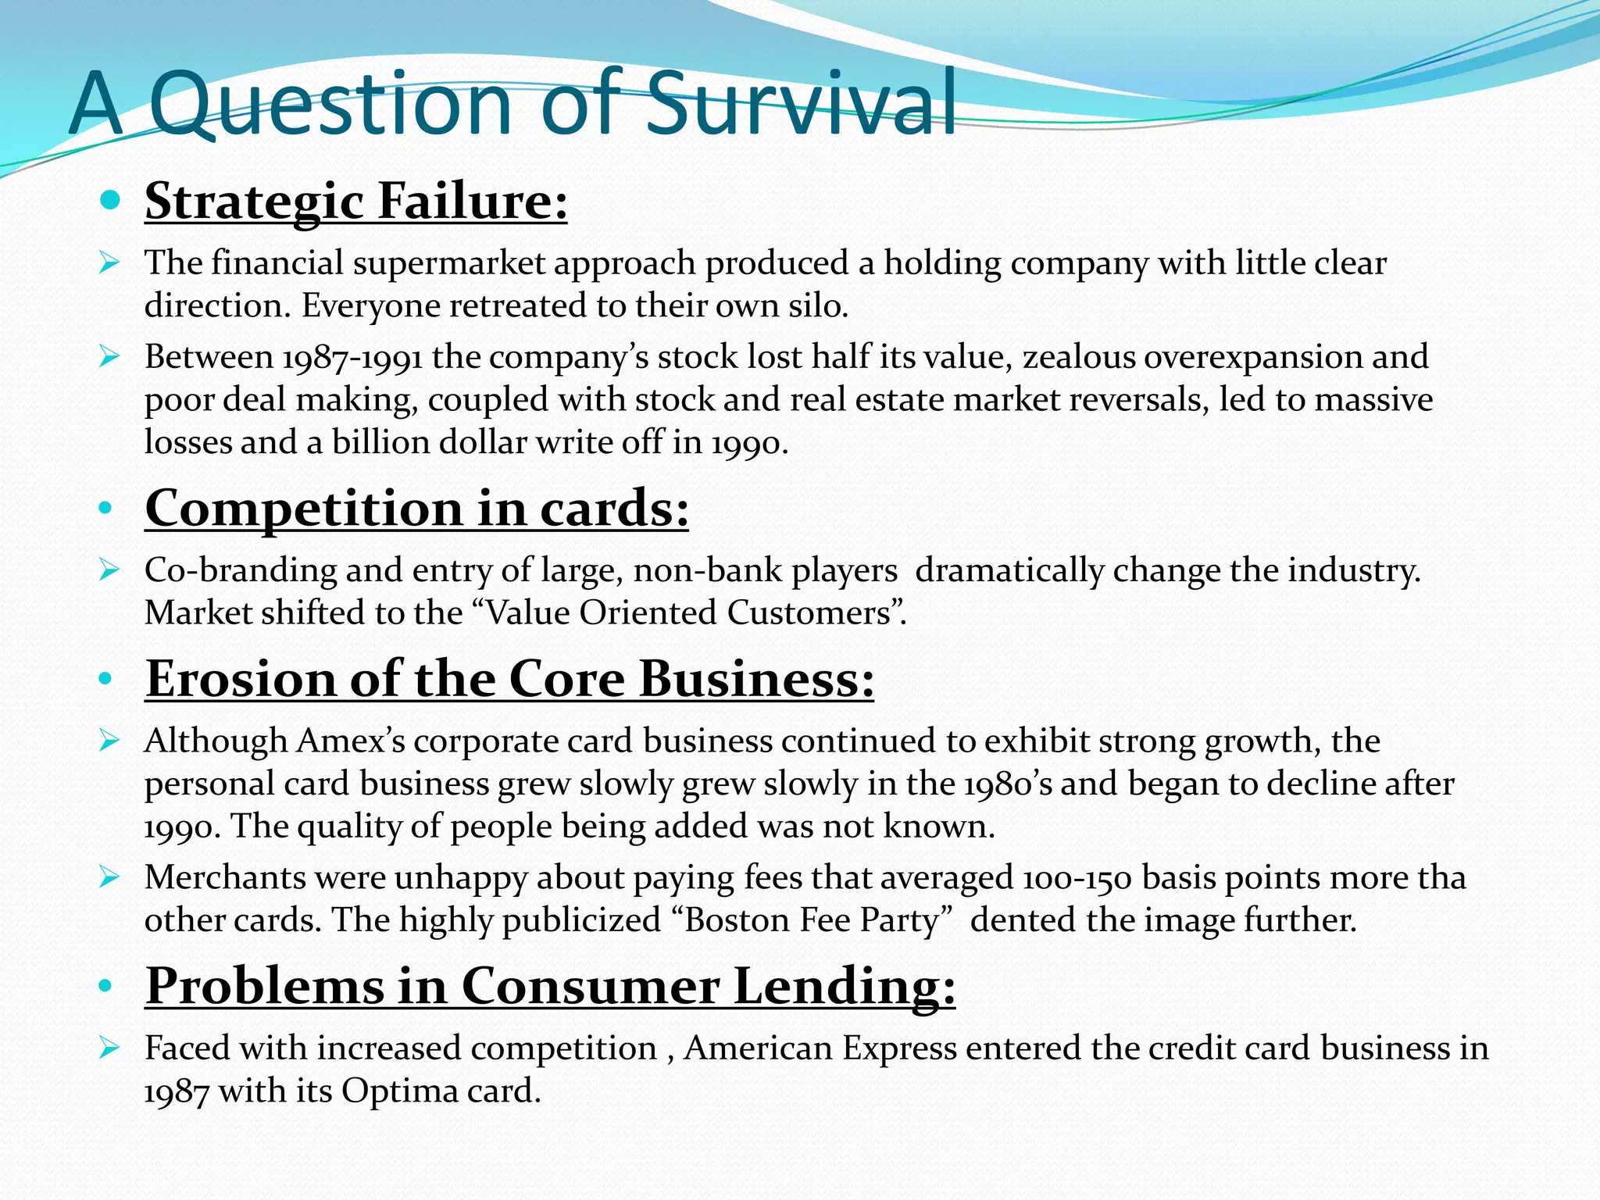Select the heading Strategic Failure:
click(355, 202)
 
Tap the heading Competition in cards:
click(416, 509)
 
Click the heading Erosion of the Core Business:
click(509, 679)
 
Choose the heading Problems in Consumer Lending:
click(550, 986)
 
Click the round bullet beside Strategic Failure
click(110, 201)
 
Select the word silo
click(820, 306)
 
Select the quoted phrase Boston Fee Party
click(812, 921)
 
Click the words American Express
click(820, 1048)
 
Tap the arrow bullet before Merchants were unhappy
click(109, 878)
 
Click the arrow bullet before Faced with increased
click(109, 1048)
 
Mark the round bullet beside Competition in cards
click(105, 509)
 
